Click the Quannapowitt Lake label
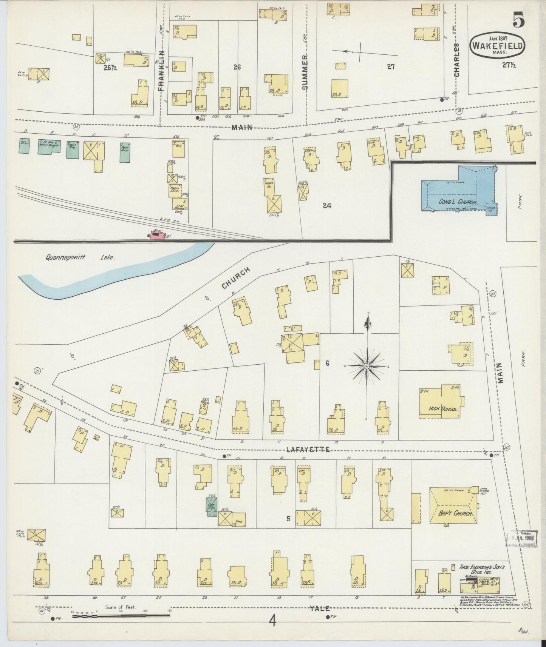point(80,257)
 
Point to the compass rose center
point(366,366)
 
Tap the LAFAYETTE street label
point(308,450)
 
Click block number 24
point(327,206)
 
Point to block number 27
point(391,67)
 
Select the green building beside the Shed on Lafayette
point(211,505)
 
